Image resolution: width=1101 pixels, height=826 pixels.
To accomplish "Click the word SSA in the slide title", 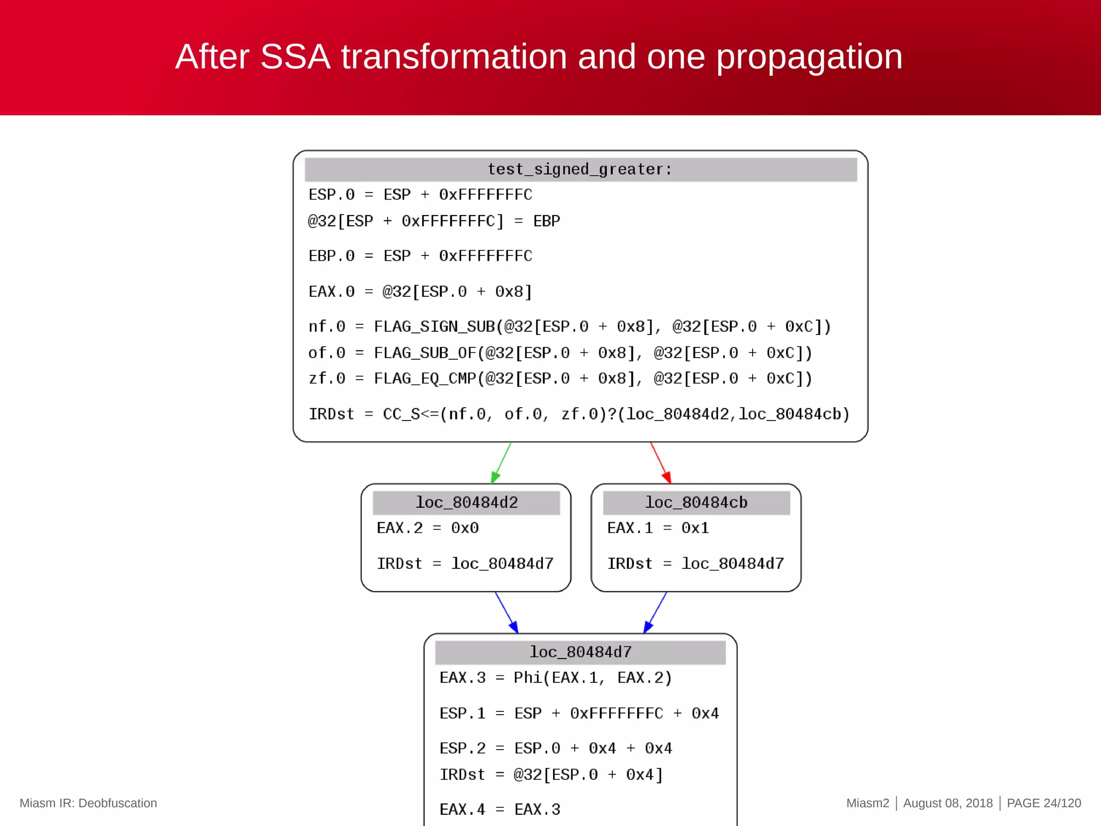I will click(295, 57).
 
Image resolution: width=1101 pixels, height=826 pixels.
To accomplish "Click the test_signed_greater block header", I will click(580, 169).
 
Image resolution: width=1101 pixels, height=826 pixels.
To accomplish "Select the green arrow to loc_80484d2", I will click(501, 463).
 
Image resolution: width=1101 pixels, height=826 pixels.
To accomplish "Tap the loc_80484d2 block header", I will click(466, 502).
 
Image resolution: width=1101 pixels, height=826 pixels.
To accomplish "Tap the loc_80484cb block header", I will click(696, 502).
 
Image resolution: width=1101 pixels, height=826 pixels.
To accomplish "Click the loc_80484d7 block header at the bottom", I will click(580, 652).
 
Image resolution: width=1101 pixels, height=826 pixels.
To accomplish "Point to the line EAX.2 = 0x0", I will click(427, 528).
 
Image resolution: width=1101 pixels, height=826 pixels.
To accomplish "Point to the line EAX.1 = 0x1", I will click(657, 528).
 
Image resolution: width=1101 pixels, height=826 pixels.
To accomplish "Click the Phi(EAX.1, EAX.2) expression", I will click(592, 678).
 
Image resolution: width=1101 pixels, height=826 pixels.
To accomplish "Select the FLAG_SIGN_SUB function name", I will click(434, 326).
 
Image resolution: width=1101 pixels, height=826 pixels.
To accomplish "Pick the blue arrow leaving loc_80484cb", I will click(655, 613).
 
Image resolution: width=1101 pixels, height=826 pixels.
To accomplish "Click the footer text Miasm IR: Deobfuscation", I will click(88, 803).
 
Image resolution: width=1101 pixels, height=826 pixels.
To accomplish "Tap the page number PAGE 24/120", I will click(1043, 803).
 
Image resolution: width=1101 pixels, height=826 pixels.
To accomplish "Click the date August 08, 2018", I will click(948, 803).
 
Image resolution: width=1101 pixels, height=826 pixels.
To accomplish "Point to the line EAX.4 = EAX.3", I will click(499, 809).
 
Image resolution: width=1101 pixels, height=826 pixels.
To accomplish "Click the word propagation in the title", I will click(809, 57).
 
